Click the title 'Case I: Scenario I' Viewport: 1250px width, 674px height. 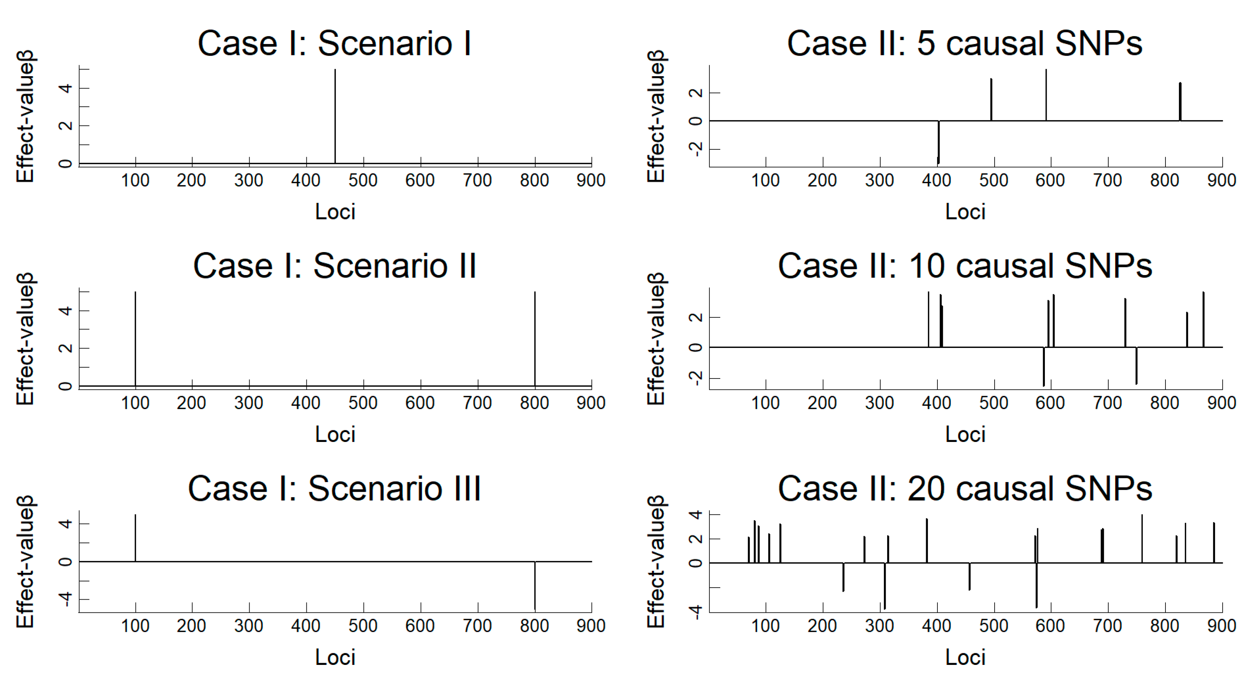click(x=334, y=44)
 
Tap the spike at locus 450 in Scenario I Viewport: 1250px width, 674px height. click(x=335, y=117)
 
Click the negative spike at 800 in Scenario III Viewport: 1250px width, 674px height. click(x=535, y=585)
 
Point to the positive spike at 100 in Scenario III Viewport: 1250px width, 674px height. click(x=136, y=538)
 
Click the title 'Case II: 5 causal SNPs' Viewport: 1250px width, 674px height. click(x=965, y=44)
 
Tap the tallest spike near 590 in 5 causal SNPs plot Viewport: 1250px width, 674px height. click(x=1046, y=95)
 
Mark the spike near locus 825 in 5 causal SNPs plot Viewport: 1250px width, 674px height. click(x=1180, y=102)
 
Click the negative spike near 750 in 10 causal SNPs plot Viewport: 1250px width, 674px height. click(x=1136, y=365)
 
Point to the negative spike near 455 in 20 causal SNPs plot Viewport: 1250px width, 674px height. click(x=969, y=576)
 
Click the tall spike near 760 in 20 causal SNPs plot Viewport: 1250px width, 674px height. click(x=1142, y=538)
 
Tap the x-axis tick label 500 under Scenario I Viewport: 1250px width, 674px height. click(x=363, y=180)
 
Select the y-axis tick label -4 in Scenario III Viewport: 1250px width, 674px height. click(x=66, y=600)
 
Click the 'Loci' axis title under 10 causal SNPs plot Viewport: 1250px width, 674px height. click(x=965, y=434)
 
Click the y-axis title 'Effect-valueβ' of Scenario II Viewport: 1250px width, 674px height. click(x=25, y=339)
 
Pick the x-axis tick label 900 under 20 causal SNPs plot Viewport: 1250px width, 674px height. click(x=1221, y=626)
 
